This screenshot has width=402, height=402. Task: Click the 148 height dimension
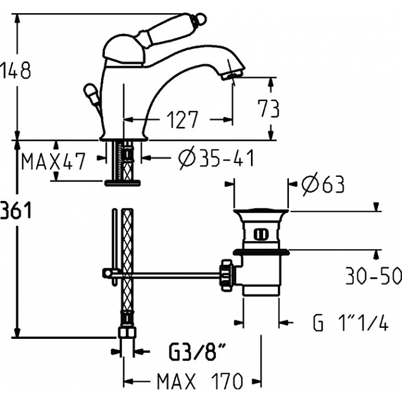click(16, 70)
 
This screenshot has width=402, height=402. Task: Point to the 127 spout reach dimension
click(183, 119)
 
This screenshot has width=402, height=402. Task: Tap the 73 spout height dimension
click(268, 109)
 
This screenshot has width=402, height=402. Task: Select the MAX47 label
click(53, 161)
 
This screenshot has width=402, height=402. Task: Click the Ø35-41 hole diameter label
click(216, 158)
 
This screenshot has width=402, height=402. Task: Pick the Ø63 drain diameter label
click(323, 184)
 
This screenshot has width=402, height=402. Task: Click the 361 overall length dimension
click(16, 210)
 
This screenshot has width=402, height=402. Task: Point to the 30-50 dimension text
click(373, 276)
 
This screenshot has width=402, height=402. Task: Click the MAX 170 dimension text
click(200, 381)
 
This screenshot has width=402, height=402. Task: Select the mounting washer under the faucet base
click(122, 182)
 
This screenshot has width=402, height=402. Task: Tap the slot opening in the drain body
click(261, 234)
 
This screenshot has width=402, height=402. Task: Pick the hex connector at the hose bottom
click(127, 333)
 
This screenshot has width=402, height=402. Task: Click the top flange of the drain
click(261, 211)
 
